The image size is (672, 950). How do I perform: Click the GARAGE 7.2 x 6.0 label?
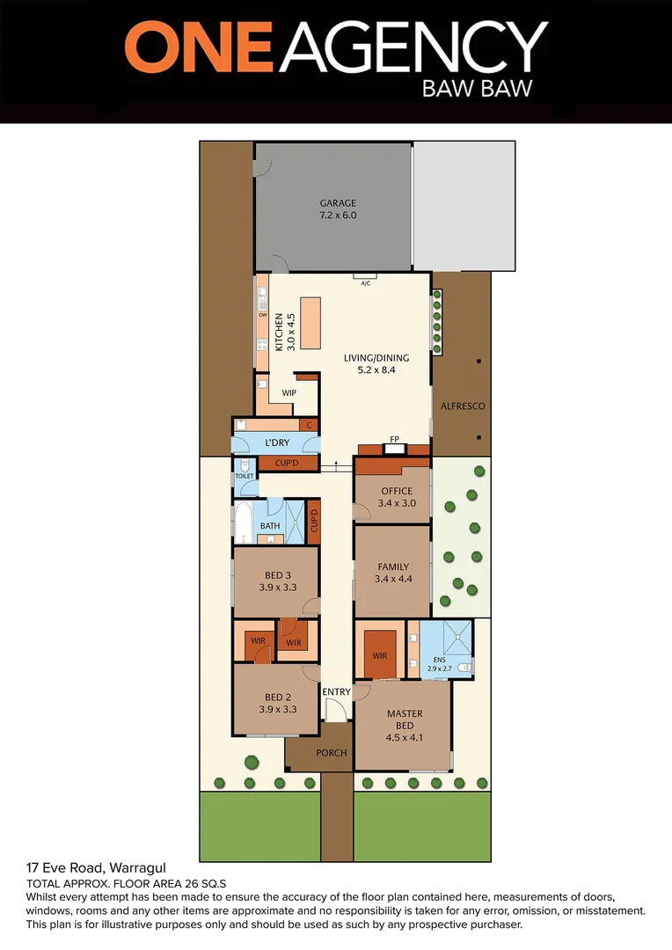(x=338, y=209)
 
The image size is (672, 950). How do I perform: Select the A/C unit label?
(x=366, y=283)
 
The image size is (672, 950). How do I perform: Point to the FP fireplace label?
(x=395, y=438)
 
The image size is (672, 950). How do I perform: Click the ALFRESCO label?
(x=464, y=406)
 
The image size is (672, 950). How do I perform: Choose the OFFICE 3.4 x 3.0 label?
(x=397, y=497)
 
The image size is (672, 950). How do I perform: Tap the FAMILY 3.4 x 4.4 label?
(x=393, y=573)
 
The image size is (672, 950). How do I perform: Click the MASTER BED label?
(x=405, y=725)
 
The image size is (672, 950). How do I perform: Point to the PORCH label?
(x=331, y=753)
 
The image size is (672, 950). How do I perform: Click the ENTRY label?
(x=336, y=692)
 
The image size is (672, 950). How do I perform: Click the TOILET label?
(x=244, y=476)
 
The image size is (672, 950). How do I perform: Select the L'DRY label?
(x=276, y=442)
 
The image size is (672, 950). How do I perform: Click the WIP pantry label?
(x=289, y=392)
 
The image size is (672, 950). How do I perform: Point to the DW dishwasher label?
(x=262, y=315)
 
